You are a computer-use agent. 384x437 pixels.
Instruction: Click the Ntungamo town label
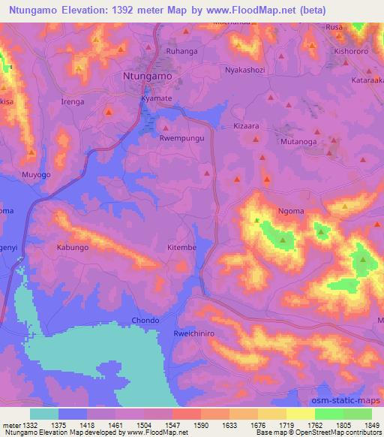click(x=146, y=77)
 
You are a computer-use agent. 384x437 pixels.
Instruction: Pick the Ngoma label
click(x=290, y=212)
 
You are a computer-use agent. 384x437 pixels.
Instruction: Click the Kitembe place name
click(x=181, y=247)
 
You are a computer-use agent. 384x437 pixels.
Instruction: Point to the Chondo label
click(x=145, y=321)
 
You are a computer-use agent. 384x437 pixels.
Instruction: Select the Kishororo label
click(x=348, y=44)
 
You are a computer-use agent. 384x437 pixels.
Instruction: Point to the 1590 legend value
click(x=200, y=425)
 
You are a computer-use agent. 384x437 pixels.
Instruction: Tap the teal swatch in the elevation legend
click(x=44, y=414)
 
